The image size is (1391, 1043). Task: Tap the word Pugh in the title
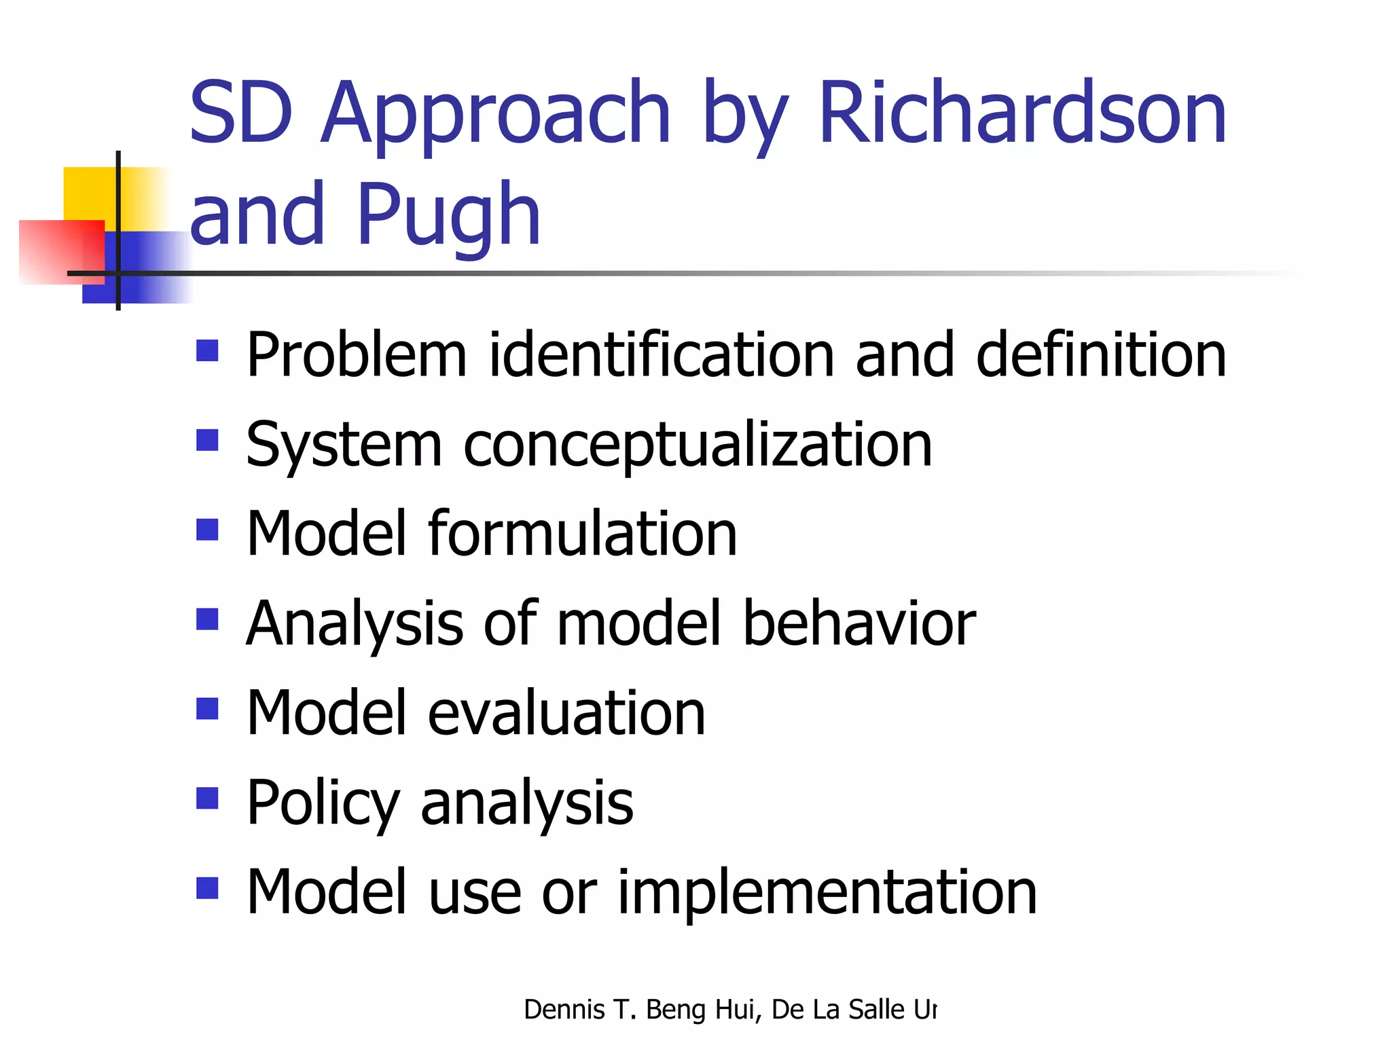pyautogui.click(x=448, y=216)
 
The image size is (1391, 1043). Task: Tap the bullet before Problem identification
pyautogui.click(x=207, y=350)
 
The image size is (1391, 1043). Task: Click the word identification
pyautogui.click(x=660, y=354)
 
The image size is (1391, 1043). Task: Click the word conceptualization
pyautogui.click(x=698, y=445)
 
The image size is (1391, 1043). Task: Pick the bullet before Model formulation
pyautogui.click(x=207, y=529)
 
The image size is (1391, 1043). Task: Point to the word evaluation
pyautogui.click(x=566, y=713)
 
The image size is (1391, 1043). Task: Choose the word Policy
pyautogui.click(x=323, y=804)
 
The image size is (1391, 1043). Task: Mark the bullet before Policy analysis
pyautogui.click(x=207, y=798)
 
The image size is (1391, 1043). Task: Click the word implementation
pyautogui.click(x=827, y=892)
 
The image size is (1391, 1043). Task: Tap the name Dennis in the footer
pyautogui.click(x=564, y=1010)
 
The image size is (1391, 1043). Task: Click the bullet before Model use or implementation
pyautogui.click(x=207, y=888)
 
